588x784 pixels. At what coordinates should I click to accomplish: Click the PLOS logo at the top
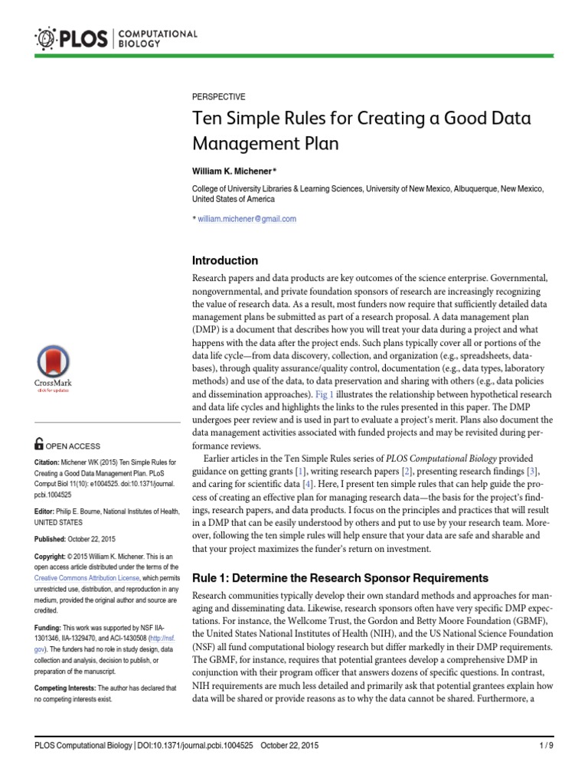coord(115,36)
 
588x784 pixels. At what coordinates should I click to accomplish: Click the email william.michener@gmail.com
coord(247,218)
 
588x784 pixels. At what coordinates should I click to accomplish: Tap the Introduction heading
coord(224,260)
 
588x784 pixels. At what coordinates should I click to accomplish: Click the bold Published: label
coord(54,537)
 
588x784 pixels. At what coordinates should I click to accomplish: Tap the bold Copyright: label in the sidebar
coord(54,556)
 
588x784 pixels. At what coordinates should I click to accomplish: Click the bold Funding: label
coord(51,626)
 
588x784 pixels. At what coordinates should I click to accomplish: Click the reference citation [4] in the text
coord(307,484)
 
